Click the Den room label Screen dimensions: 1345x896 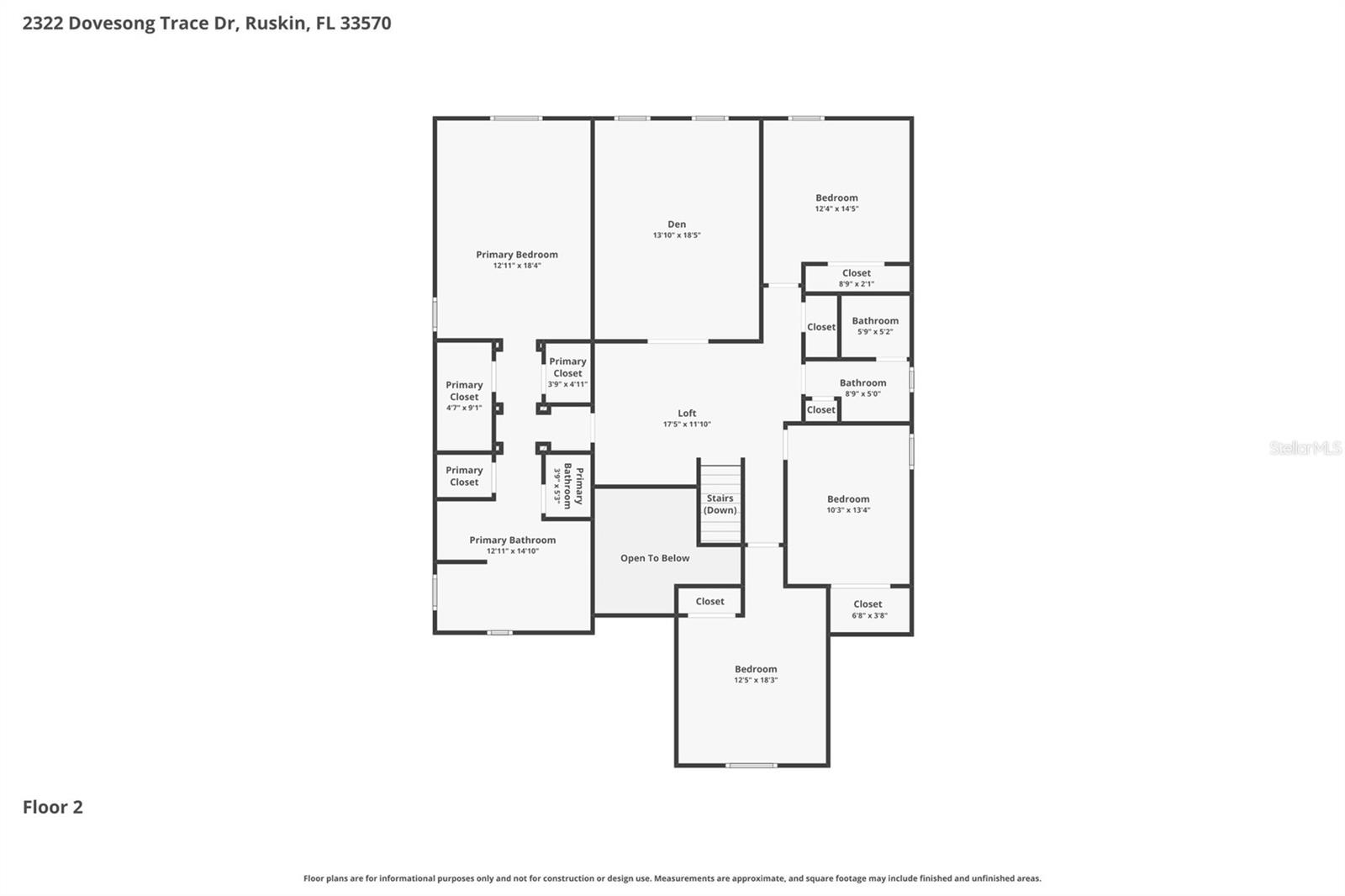pyautogui.click(x=677, y=224)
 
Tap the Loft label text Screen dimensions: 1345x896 pyautogui.click(x=687, y=414)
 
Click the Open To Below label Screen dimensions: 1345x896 pyautogui.click(x=655, y=558)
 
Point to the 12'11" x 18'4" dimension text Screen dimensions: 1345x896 pyautogui.click(x=517, y=266)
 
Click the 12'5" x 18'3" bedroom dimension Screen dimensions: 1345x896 pyautogui.click(x=756, y=680)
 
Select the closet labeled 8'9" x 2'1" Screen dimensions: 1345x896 pyautogui.click(x=857, y=278)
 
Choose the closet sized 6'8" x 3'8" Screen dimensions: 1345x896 pyautogui.click(x=869, y=609)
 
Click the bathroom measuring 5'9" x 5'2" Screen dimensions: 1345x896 pyautogui.click(x=875, y=326)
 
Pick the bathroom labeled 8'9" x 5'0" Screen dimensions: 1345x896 pyautogui.click(x=862, y=388)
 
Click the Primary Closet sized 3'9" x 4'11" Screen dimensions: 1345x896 pyautogui.click(x=567, y=372)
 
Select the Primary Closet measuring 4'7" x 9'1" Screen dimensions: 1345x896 pyautogui.click(x=464, y=397)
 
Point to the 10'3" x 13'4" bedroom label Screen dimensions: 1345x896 pyautogui.click(x=848, y=504)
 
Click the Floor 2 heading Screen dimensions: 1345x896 pyautogui.click(x=53, y=807)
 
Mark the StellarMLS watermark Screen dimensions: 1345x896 pyautogui.click(x=1305, y=447)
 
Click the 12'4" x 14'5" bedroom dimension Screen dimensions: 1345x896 pyautogui.click(x=836, y=209)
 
